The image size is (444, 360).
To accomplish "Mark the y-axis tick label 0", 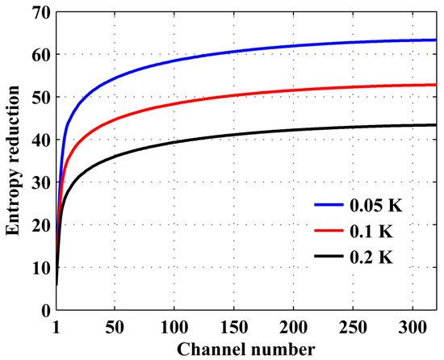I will point(46,310).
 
